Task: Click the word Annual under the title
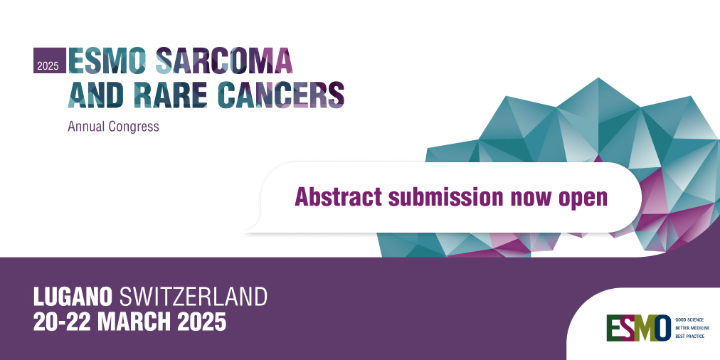(x=85, y=127)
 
